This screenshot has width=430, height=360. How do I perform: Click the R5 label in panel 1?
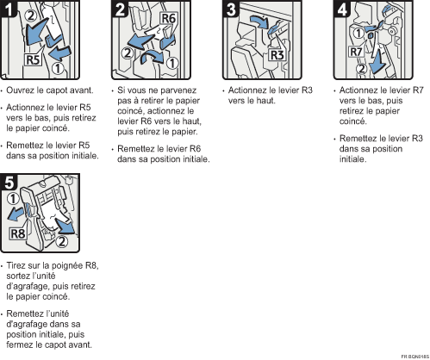[33, 59]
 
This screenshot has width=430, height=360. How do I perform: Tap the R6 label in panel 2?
[169, 18]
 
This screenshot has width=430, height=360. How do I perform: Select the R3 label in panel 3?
[277, 55]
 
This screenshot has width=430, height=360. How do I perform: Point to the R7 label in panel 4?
[356, 52]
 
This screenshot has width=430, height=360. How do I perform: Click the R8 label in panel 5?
[17, 233]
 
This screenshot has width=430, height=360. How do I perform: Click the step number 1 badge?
[8, 9]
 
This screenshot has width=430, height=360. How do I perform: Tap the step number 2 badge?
[120, 9]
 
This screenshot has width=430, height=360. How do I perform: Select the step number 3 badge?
[231, 9]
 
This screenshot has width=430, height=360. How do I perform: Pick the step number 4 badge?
[342, 9]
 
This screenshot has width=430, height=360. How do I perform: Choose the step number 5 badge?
[9, 182]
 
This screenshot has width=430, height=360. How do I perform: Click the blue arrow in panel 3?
[259, 22]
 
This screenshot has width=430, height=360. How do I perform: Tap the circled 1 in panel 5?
[13, 199]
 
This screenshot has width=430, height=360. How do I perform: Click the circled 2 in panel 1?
[31, 15]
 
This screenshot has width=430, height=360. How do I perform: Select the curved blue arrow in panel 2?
[152, 57]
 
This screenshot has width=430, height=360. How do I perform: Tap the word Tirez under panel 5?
[16, 265]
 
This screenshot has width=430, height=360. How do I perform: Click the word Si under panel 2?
[121, 90]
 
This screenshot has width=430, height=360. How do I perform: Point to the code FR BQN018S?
[415, 357]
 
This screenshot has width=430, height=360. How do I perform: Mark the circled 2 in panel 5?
[61, 240]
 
